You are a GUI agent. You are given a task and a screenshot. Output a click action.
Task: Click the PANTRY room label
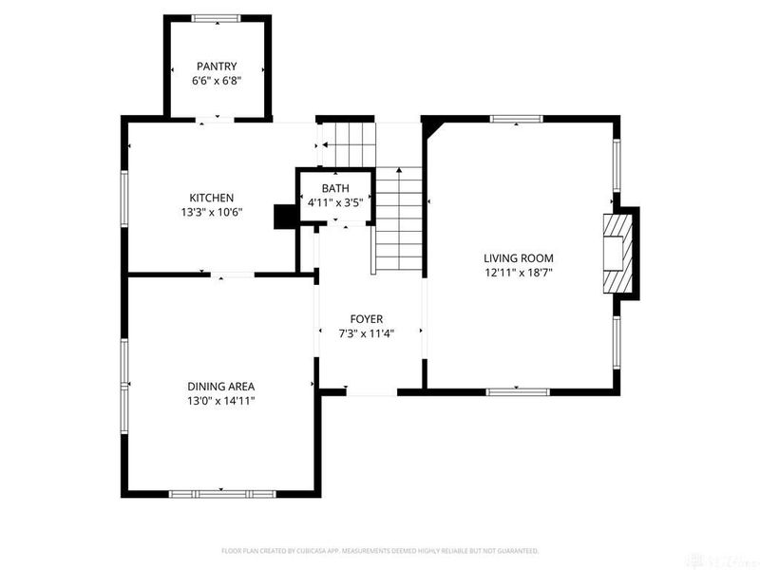tap(217, 66)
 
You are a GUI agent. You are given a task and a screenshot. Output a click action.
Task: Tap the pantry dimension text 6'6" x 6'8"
tap(217, 81)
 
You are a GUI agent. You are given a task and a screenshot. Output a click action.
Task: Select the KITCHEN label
tap(211, 198)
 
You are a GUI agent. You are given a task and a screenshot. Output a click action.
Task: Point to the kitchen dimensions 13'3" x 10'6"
tap(211, 212)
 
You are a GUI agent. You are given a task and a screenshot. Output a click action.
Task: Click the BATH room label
tap(335, 188)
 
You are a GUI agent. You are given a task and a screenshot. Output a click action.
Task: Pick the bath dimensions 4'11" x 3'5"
tap(335, 202)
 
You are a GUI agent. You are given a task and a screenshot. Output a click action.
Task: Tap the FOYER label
tap(367, 319)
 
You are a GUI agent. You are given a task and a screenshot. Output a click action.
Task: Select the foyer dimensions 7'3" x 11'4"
tap(367, 333)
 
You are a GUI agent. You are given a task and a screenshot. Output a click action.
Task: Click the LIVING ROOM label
tap(518, 257)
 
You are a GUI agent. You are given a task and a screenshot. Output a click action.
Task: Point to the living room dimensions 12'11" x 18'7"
tap(518, 273)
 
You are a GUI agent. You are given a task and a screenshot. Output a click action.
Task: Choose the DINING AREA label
tap(220, 386)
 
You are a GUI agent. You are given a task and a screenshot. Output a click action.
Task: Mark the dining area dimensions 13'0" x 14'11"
tap(220, 401)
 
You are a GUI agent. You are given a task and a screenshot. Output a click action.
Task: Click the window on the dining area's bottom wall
tap(221, 493)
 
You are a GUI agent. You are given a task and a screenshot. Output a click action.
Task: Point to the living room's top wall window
tap(516, 119)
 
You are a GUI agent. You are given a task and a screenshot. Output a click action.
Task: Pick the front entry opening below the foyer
tap(370, 391)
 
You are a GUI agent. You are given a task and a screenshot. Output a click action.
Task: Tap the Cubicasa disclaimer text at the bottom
tap(380, 550)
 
